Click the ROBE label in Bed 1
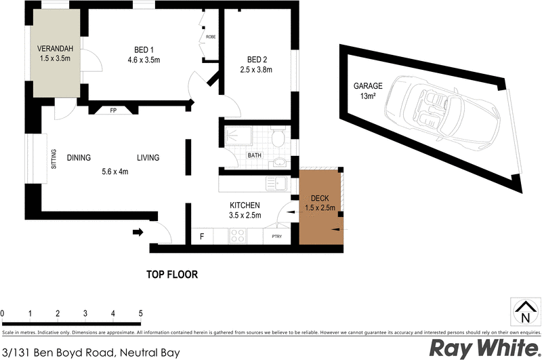click(211, 36)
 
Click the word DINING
click(79, 158)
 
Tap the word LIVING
click(148, 158)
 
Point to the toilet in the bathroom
click(277, 139)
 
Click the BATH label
click(254, 155)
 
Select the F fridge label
click(202, 236)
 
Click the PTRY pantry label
click(276, 237)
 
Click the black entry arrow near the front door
click(138, 233)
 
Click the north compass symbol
click(523, 313)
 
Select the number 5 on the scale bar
click(140, 313)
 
